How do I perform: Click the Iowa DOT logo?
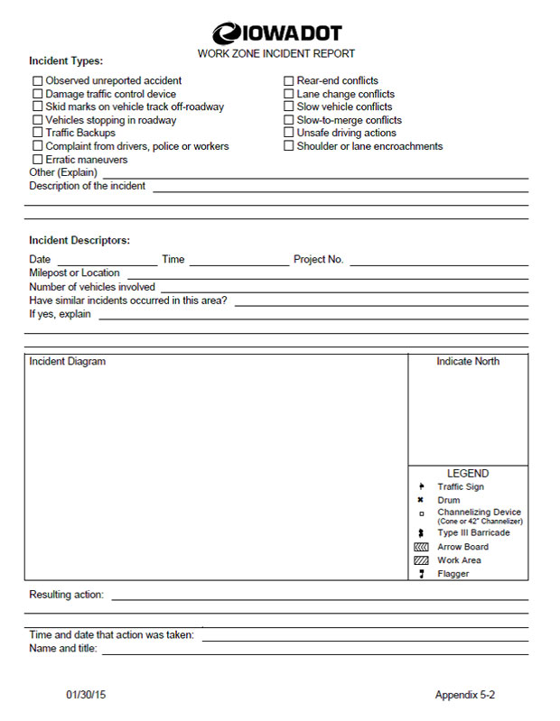(276, 34)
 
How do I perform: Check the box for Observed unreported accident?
(38, 80)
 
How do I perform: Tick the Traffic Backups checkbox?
(38, 133)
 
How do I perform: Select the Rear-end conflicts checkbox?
(289, 80)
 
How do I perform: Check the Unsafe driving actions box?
(289, 133)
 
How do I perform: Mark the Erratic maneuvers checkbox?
(38, 160)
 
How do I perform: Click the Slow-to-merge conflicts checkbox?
(289, 120)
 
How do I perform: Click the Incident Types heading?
(66, 61)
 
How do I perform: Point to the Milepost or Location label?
(74, 273)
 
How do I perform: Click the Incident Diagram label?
(67, 362)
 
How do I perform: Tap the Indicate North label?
(468, 362)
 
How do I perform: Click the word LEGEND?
(468, 473)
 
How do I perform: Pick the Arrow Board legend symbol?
(420, 547)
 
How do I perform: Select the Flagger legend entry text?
(453, 574)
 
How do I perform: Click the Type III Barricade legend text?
(473, 532)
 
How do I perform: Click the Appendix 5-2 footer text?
(465, 696)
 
